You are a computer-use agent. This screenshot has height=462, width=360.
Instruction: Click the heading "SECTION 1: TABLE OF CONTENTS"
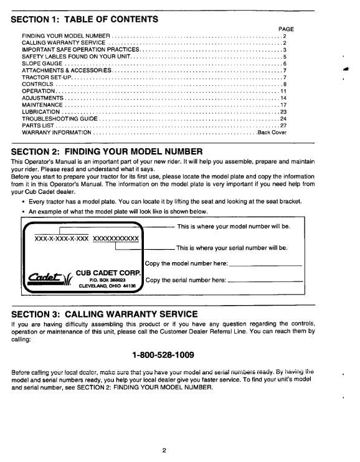(x=85, y=19)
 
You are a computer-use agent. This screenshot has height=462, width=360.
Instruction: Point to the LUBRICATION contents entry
(x=41, y=111)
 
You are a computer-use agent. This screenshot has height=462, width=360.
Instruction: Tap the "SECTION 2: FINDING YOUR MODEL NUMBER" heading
(x=107, y=151)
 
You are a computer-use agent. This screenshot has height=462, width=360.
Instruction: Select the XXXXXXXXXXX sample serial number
(x=115, y=238)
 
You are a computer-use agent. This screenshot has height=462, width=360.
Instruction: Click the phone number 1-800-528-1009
(x=163, y=355)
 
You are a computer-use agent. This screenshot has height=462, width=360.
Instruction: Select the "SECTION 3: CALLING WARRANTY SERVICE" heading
(x=105, y=313)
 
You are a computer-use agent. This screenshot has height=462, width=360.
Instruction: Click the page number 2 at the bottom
(x=164, y=451)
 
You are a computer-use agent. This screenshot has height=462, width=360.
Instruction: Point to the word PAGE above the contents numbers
(x=286, y=29)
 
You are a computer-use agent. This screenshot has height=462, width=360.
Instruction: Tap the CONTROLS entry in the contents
(x=37, y=84)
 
